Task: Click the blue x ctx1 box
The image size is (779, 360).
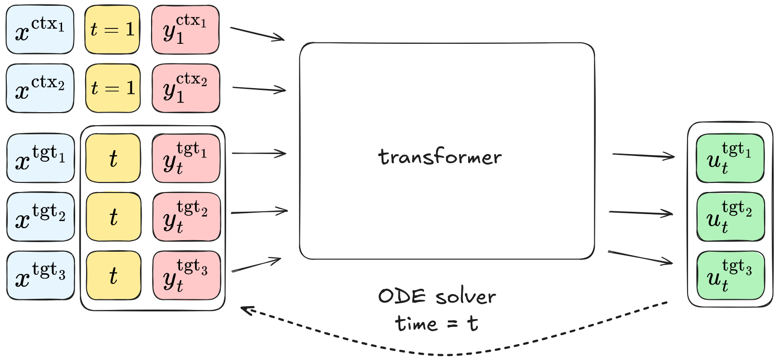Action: [40, 30]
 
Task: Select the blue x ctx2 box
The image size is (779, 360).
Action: [40, 89]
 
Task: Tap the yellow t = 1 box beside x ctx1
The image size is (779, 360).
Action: [112, 30]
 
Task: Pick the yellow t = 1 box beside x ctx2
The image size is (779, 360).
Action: [113, 89]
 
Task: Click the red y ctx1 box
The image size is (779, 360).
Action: [185, 30]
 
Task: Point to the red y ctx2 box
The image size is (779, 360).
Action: [186, 89]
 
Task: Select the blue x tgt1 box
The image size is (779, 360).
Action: [40, 158]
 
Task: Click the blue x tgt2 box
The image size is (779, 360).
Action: [40, 217]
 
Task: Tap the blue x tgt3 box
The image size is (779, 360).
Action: [40, 276]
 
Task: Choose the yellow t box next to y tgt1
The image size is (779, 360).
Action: [113, 158]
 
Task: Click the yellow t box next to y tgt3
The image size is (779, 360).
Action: [114, 276]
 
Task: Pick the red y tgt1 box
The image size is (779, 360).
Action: [186, 158]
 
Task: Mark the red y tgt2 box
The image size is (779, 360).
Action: [187, 217]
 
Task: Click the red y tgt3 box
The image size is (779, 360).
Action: [187, 276]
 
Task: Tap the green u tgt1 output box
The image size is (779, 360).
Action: [730, 158]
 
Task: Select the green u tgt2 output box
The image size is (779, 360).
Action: [730, 217]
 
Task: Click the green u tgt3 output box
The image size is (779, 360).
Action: [730, 276]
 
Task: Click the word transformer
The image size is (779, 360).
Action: [440, 157]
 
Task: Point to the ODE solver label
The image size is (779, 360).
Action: [436, 296]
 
